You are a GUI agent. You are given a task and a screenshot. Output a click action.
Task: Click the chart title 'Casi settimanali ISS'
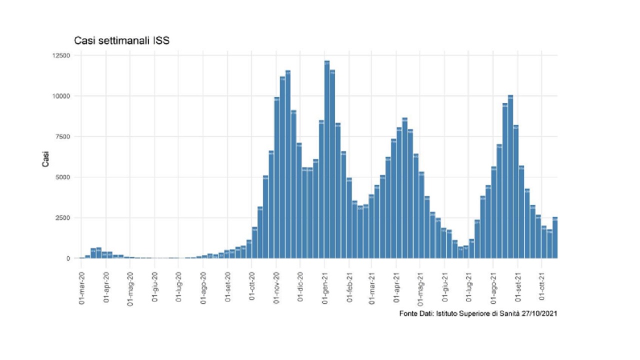coord(121,41)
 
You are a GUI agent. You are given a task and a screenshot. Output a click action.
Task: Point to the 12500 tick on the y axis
coord(59,55)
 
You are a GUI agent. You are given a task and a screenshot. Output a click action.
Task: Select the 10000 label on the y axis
coord(59,96)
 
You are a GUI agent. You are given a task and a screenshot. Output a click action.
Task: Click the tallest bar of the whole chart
coord(327,160)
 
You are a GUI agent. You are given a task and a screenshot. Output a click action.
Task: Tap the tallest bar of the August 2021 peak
coord(510,177)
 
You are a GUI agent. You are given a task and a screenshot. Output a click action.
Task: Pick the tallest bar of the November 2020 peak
coord(288,165)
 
